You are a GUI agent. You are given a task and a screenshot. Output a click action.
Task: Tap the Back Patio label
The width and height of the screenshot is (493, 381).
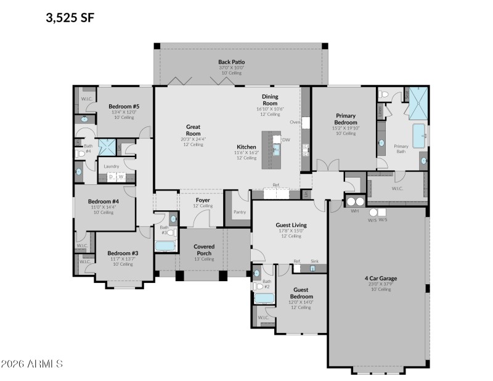coord(231,62)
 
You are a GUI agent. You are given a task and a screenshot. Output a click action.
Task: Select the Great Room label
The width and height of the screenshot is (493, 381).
coord(194,130)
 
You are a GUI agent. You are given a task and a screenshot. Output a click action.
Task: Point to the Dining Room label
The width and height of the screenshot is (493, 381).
coord(270,100)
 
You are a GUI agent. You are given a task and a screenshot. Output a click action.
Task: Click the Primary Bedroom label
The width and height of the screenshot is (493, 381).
coord(346,118)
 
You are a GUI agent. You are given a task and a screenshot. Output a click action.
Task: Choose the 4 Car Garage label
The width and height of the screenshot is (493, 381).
coord(380,278)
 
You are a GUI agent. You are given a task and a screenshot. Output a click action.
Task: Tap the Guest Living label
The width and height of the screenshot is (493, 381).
coord(291,226)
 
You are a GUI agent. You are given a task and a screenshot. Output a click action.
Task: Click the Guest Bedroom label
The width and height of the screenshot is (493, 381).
coord(301,292)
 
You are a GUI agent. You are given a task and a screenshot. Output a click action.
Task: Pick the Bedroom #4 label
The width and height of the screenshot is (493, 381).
coord(103,202)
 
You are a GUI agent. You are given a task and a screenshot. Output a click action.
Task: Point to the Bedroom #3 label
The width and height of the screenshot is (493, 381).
coord(123,253)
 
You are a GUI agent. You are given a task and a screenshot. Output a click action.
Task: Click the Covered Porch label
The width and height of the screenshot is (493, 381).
coord(204,250)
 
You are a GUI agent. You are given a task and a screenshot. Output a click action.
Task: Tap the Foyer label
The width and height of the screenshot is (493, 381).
coord(203,200)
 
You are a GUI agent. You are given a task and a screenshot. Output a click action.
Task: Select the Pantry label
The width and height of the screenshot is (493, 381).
coord(240,212)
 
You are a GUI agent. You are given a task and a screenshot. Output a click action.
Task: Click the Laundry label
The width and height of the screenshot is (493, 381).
coord(112,166)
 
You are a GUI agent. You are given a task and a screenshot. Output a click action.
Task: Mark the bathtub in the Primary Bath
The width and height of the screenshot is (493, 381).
coord(419,135)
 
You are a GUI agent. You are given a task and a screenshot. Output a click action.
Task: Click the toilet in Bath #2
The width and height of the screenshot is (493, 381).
coord(258,286)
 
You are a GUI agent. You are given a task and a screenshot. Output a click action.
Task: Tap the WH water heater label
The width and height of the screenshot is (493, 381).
coord(354,211)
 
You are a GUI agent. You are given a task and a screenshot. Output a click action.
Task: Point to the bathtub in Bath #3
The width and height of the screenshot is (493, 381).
coord(165,247)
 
